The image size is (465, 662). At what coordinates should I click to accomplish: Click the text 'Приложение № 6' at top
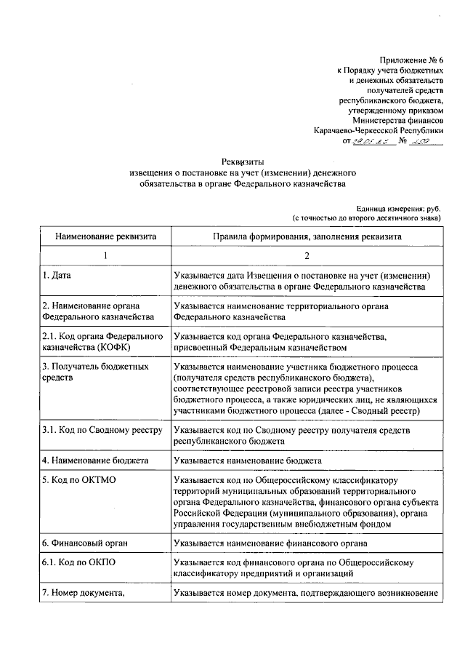coord(410,59)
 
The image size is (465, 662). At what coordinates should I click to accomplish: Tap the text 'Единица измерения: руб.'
coord(398,208)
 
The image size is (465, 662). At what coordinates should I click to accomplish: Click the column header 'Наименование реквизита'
coord(105,236)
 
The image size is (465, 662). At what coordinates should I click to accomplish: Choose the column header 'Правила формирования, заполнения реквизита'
coord(307,236)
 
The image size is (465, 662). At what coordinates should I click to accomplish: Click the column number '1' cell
coord(105,256)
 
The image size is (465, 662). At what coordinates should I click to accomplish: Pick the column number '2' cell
coord(307,256)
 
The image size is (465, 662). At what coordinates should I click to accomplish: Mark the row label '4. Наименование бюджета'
coord(95,460)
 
